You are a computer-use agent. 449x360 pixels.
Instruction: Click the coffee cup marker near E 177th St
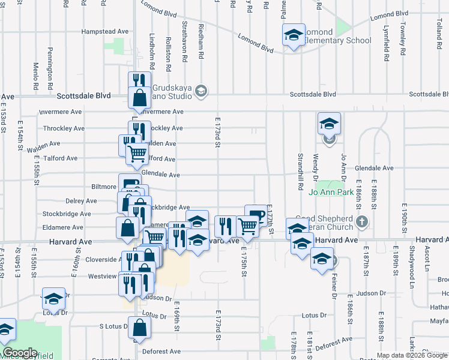coord(255,215)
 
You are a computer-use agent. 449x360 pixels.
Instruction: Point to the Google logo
coord(20,353)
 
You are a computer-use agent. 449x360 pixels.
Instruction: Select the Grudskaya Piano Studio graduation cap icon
coord(201,91)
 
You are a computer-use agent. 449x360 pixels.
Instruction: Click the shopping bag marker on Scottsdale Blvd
coord(139,97)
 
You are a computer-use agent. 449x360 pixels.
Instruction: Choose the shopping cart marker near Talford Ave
coord(137,154)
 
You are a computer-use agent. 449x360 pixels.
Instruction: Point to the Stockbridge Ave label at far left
coord(67,214)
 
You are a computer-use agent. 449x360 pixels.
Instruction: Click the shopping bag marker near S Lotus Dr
coord(139,328)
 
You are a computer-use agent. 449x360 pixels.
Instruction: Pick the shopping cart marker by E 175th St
coord(247,226)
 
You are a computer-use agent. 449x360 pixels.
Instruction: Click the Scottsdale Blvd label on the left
coord(84,95)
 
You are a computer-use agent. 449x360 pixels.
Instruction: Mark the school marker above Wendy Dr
coord(329,124)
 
